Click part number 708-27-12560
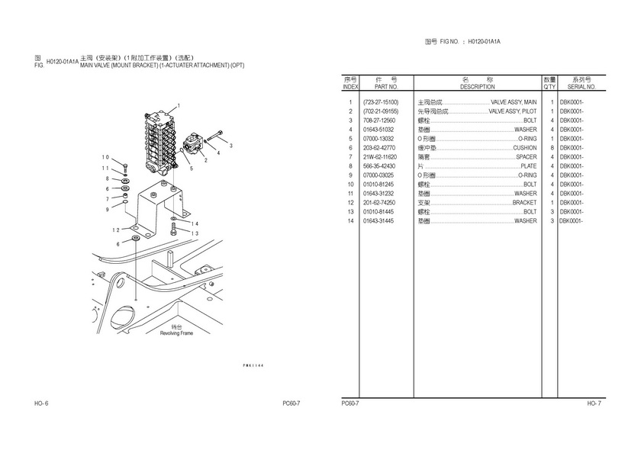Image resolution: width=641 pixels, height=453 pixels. (379, 120)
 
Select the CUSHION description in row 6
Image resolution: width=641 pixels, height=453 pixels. (524, 148)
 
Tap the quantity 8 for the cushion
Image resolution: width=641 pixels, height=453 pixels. (552, 148)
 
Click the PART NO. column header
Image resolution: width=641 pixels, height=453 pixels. (386, 87)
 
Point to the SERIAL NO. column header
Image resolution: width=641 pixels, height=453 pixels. (581, 87)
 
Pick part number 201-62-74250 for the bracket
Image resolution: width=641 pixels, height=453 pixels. (379, 203)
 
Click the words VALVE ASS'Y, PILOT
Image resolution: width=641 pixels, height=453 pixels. (513, 111)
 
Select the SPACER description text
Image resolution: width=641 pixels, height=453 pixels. (526, 157)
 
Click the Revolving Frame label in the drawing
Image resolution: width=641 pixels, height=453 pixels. (176, 333)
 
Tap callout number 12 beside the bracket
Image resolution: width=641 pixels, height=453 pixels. (116, 230)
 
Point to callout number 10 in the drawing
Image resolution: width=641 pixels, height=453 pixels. (105, 157)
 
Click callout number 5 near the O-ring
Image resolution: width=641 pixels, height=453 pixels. (191, 169)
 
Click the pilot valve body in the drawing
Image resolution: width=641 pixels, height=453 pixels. (192, 144)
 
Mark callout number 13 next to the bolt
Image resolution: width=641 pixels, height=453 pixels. (195, 233)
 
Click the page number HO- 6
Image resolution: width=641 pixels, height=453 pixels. (41, 403)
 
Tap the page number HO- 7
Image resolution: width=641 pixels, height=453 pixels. (594, 403)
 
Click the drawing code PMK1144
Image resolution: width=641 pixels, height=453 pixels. (253, 365)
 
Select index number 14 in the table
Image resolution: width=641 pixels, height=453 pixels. (350, 221)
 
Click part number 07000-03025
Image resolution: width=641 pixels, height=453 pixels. (378, 175)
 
